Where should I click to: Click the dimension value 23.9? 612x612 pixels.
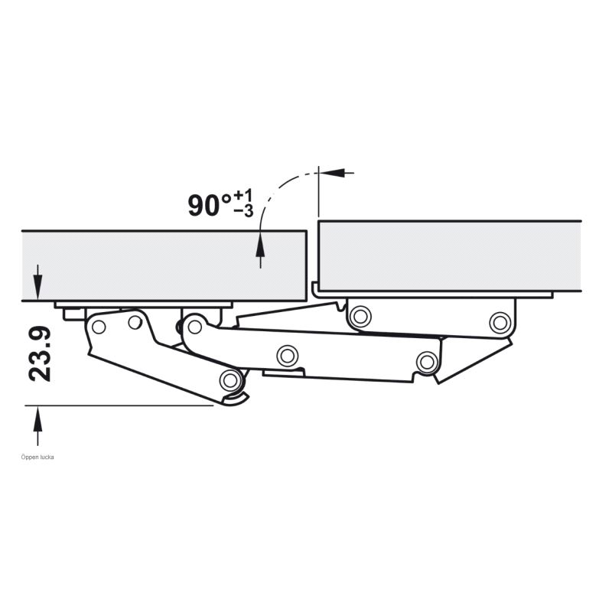point(40,353)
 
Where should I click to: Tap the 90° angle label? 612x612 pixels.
point(210,205)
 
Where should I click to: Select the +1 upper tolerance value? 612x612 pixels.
point(243,196)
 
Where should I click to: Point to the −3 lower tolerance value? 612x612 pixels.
point(243,211)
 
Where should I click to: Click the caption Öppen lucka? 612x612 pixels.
point(37,457)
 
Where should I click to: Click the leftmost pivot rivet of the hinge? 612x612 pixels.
point(99,327)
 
